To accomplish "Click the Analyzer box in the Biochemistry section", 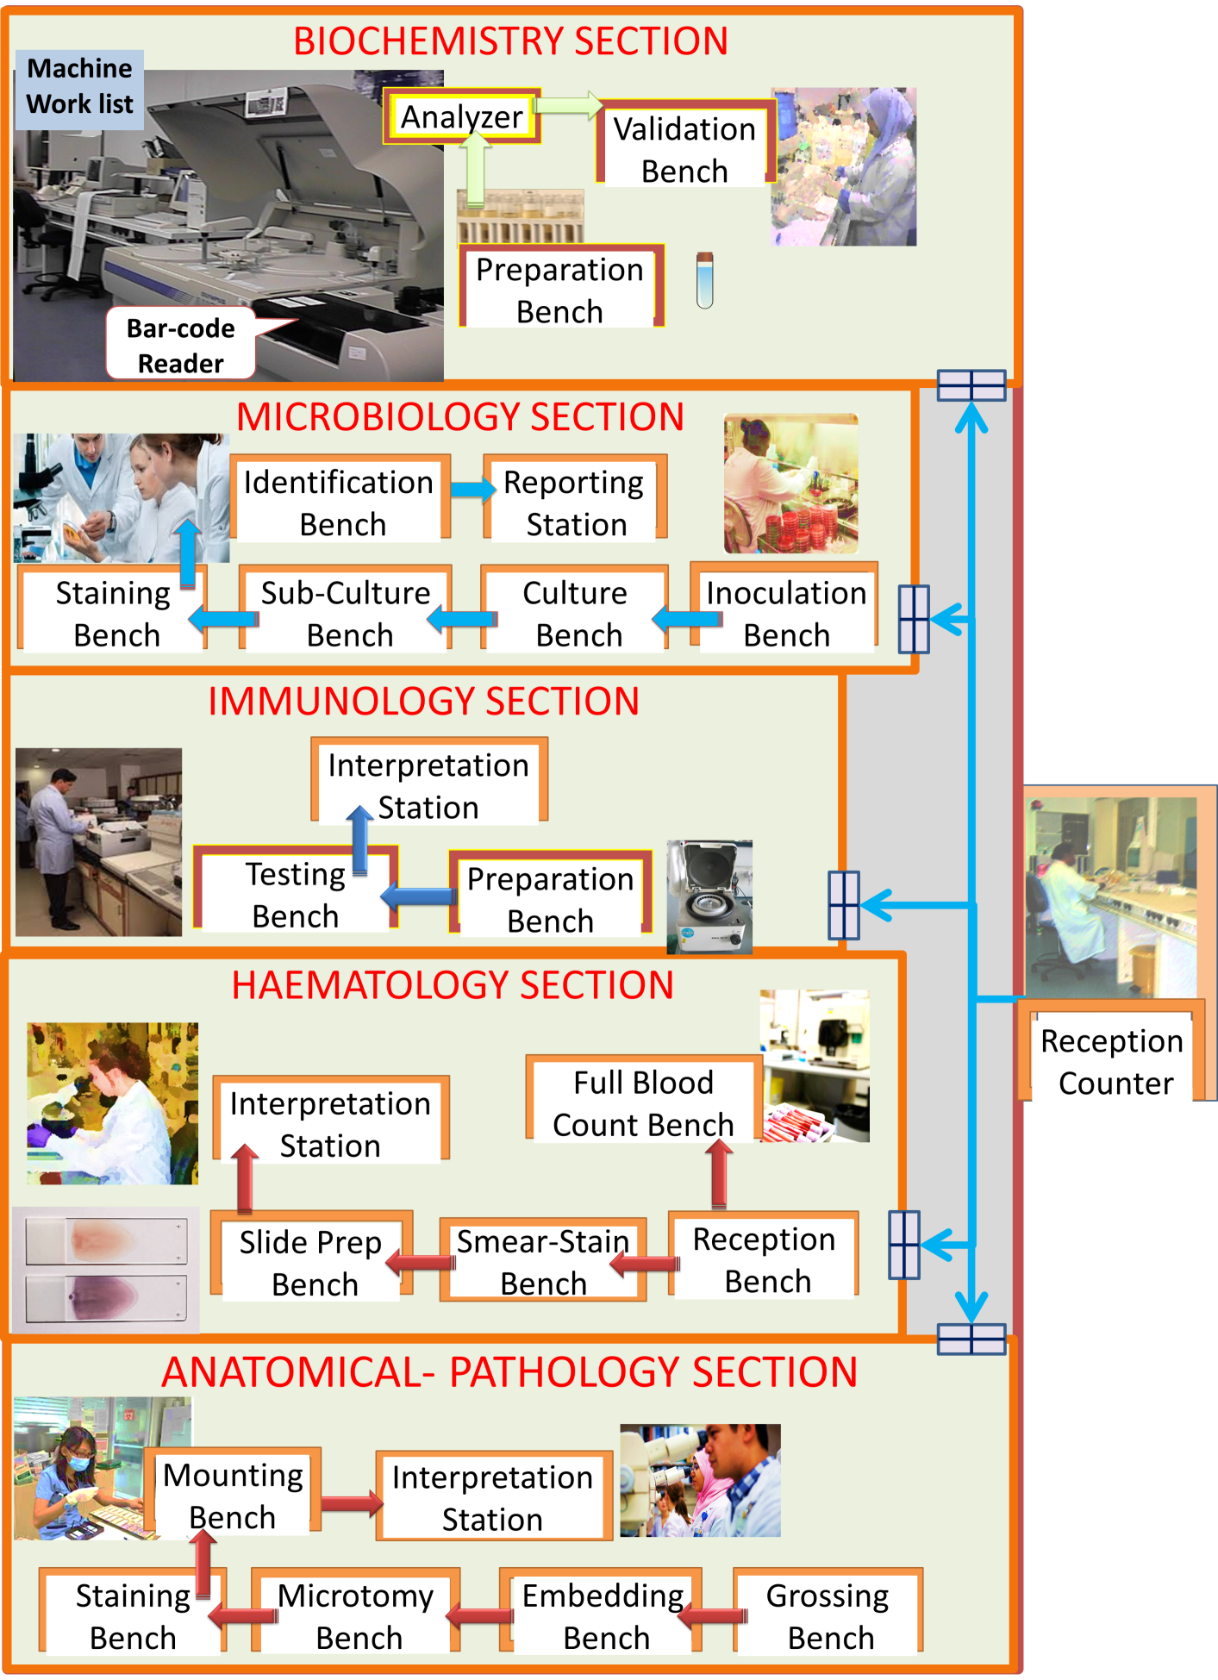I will tap(461, 116).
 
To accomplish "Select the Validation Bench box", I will tap(684, 149).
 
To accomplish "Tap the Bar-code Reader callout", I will tap(180, 346).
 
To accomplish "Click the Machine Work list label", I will tap(79, 86).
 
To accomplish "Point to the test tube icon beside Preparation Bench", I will tap(705, 280).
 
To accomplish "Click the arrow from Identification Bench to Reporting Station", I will tap(472, 490).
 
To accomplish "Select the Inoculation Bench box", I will tap(785, 613).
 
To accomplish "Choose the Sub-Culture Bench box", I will tap(347, 613).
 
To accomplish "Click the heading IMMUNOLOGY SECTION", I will tap(423, 701).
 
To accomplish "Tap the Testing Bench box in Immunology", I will tap(295, 894).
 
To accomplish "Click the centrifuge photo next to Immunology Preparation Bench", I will tap(710, 896).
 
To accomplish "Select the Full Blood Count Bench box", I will tap(643, 1102).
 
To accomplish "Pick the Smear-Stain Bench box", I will tap(543, 1261).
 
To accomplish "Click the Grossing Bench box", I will tap(828, 1615).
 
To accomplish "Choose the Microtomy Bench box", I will tap(357, 1615).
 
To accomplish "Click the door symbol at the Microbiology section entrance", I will tap(914, 619).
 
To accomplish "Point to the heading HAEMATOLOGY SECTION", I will tap(453, 985).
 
